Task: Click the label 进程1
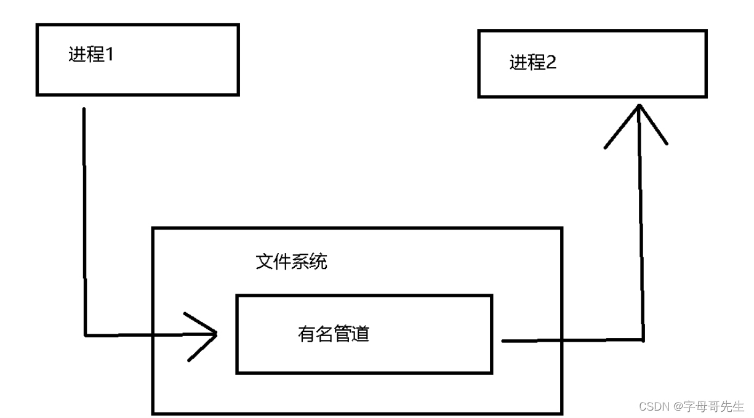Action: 92,55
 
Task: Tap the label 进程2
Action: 533,62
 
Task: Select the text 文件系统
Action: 291,262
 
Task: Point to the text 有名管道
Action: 333,334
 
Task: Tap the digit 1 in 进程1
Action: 111,55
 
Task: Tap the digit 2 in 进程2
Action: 551,62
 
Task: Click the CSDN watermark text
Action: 654,406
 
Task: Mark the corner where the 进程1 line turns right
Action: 85,335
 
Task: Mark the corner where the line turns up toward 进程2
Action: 643,340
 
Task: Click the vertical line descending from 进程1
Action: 84,222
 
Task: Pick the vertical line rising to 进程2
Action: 641,234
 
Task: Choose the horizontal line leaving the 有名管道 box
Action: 572,340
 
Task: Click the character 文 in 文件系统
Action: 264,262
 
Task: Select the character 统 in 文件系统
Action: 318,262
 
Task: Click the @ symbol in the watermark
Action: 678,406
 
